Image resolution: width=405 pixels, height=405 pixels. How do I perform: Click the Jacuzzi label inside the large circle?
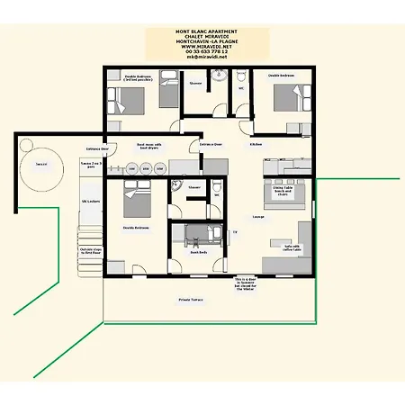click(41, 165)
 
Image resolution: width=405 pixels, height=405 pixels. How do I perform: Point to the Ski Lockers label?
click(91, 202)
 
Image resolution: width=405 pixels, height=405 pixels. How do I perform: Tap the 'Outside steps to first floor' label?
click(90, 251)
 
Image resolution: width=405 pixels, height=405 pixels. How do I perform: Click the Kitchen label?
click(256, 144)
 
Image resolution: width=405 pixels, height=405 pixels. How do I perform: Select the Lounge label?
click(257, 217)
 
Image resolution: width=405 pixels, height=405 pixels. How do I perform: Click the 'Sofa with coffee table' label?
click(292, 247)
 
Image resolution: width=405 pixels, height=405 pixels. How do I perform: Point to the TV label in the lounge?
click(235, 232)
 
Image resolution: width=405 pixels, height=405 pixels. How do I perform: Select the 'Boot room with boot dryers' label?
click(148, 145)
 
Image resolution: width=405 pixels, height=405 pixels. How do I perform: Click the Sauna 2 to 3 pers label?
click(90, 165)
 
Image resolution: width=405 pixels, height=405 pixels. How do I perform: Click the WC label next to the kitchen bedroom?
click(241, 88)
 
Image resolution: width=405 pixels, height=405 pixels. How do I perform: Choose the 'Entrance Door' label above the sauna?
click(97, 148)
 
